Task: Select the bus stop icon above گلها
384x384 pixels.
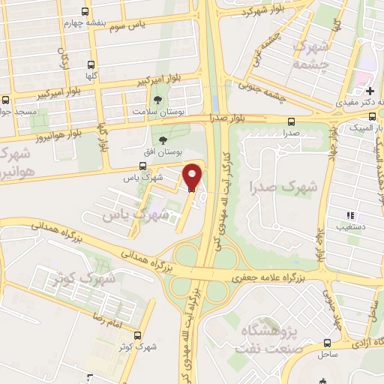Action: (91, 64)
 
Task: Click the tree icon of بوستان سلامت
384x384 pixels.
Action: (157, 100)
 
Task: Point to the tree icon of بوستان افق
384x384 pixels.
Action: (163, 139)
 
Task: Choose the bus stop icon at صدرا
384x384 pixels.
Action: (291, 122)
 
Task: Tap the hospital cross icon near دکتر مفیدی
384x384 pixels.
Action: (370, 91)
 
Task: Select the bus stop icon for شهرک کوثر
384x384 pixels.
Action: (137, 335)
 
